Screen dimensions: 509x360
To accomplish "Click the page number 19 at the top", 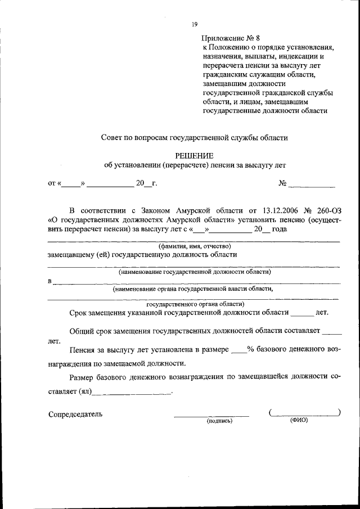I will point(194,24).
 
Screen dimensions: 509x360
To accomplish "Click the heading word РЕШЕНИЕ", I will point(195,156).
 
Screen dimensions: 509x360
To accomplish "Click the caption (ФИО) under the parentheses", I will point(299,420).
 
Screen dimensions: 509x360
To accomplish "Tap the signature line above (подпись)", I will point(211,416).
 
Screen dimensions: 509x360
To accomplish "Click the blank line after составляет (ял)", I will point(133,392).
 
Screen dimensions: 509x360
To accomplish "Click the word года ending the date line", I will point(280,229).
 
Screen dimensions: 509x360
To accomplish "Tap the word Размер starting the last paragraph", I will point(82,377).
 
